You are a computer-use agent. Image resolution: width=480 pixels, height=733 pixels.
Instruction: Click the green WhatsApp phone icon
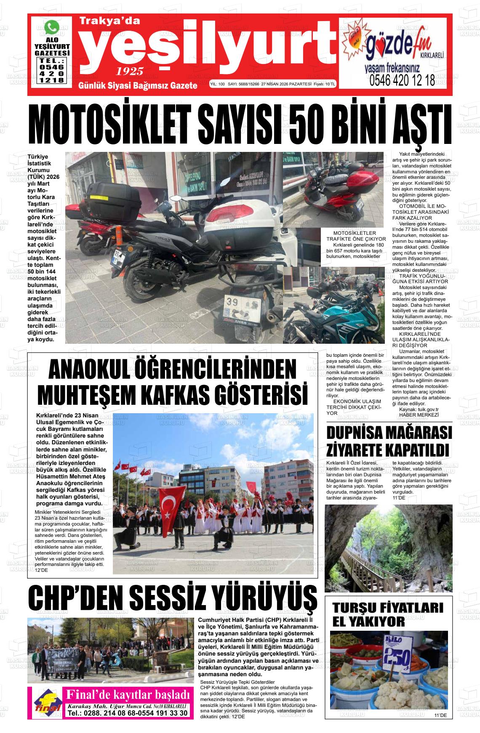(52, 28)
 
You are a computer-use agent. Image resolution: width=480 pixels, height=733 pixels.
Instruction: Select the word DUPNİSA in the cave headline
(363, 433)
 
